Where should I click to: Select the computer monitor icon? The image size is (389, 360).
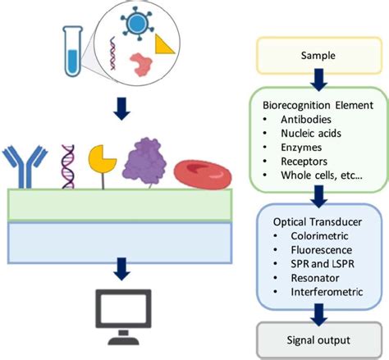(122, 315)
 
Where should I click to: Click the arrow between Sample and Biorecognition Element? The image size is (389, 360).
(317, 80)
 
